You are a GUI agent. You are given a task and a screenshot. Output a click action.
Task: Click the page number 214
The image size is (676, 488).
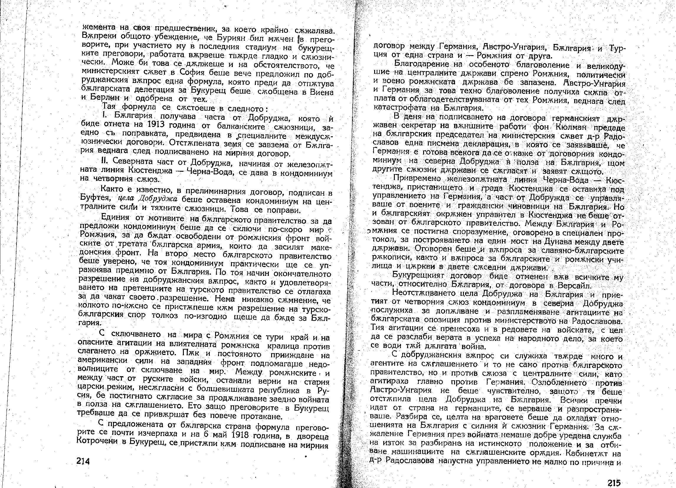pos(83,461)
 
